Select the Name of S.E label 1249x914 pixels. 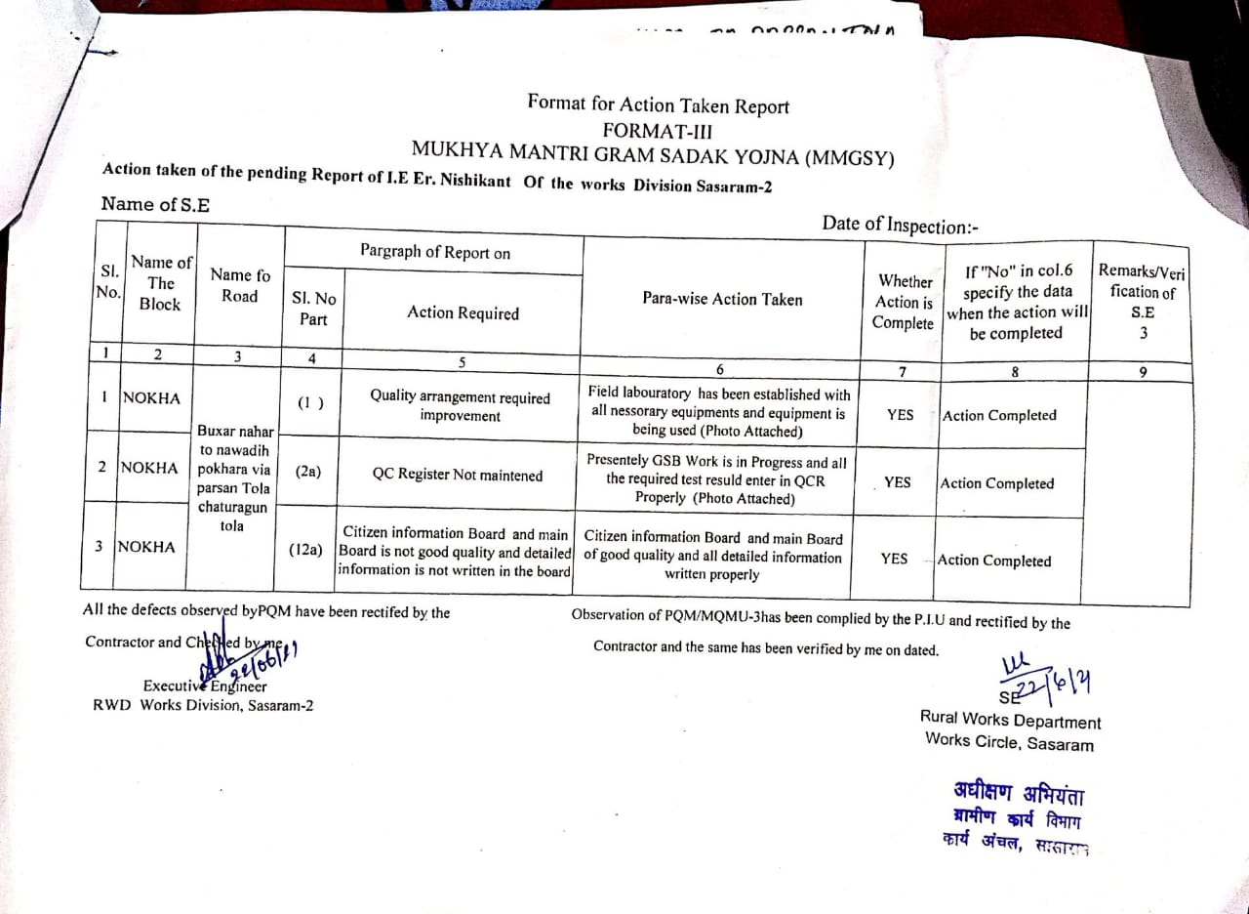pos(155,204)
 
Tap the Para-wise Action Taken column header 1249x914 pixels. pos(722,299)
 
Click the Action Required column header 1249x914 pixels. pos(463,312)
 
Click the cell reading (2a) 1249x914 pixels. pos(308,472)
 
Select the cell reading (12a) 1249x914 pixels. pos(305,551)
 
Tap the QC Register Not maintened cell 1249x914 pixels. pos(457,475)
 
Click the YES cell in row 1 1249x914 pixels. pos(901,414)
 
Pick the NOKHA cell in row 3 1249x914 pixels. pos(146,547)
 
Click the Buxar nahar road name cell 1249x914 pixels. pos(235,478)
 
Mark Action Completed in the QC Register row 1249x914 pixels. pos(996,483)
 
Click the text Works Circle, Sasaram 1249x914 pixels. pos(1009,742)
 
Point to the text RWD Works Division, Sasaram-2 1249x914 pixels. pos(203,705)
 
